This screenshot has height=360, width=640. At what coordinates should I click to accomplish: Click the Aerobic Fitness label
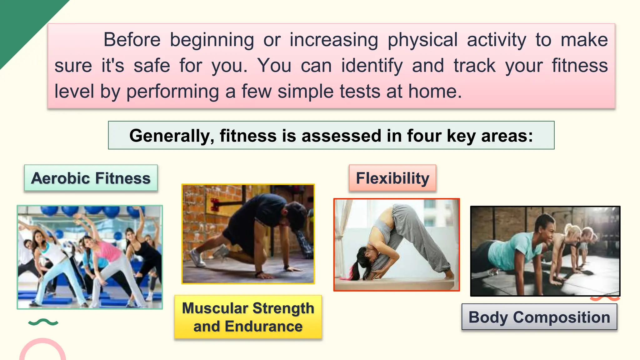pos(91,178)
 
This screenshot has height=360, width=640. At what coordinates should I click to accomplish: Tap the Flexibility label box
pos(392,178)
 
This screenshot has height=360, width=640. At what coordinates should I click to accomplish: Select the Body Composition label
pos(539,317)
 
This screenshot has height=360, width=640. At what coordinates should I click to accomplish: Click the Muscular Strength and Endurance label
pos(248,317)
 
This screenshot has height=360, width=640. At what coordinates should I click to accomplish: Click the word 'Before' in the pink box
pos(132,40)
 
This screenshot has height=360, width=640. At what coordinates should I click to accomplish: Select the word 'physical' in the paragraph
pos(422,40)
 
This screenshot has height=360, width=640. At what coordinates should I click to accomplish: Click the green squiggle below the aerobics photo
pos(43,322)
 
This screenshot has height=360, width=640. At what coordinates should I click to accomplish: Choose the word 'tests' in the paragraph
pos(360,92)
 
